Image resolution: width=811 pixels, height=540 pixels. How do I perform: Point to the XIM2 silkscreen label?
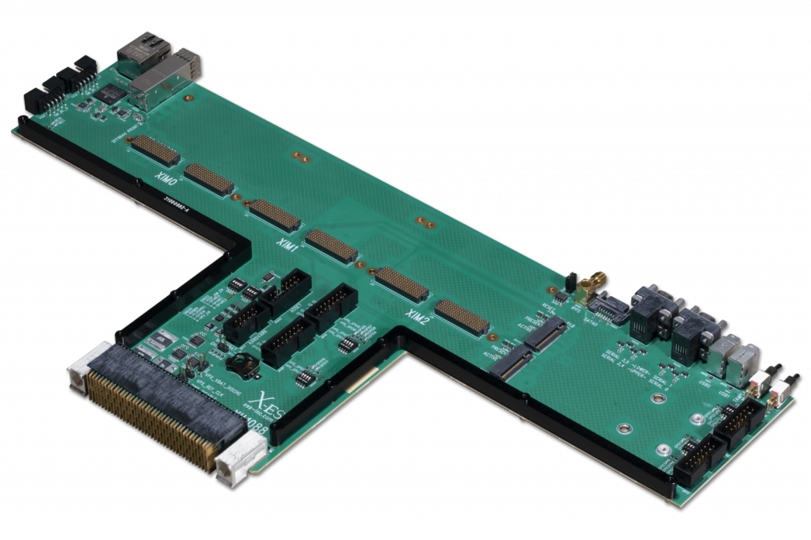(417, 318)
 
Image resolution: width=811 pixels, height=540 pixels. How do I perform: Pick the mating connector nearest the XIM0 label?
(154, 148)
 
